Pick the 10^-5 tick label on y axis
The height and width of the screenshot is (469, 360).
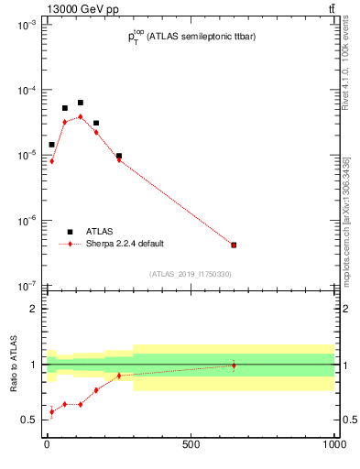[26, 156]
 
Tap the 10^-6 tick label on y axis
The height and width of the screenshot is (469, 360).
[26, 221]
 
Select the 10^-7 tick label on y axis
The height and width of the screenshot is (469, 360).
[26, 285]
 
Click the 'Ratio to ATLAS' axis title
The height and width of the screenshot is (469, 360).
[14, 365]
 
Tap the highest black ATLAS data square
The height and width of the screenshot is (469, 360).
[80, 103]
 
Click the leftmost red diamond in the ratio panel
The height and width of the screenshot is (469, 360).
[51, 412]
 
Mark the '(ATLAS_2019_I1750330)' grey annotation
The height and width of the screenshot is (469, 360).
[190, 274]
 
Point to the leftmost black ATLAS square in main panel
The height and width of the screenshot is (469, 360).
[51, 145]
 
